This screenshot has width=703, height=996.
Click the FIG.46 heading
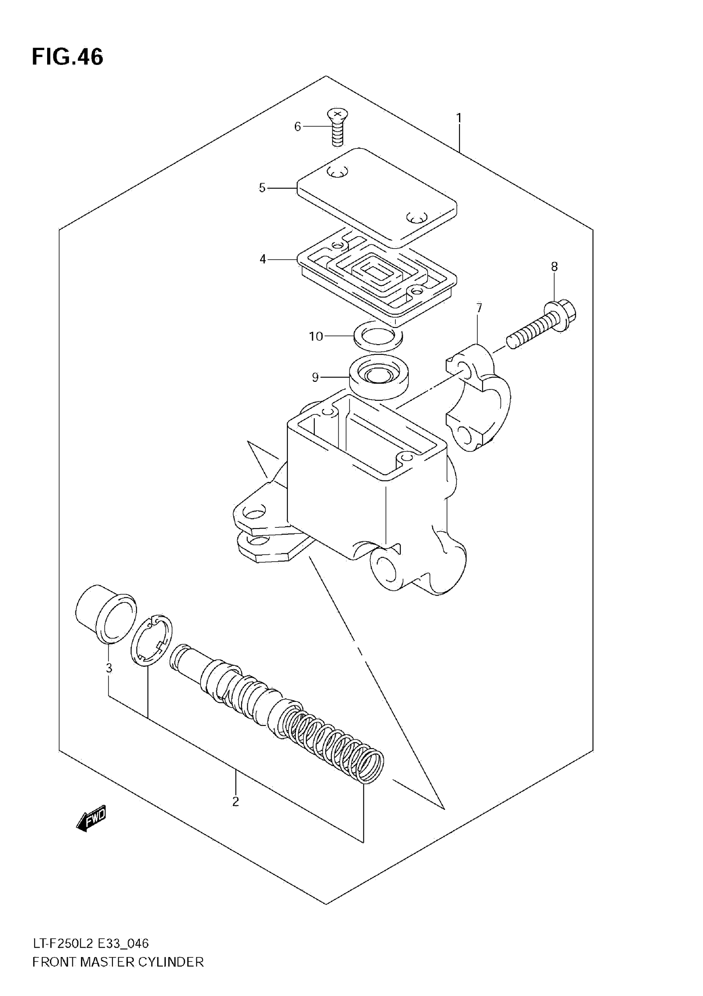68,57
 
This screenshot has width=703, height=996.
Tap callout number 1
459,118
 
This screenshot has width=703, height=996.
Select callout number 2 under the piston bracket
235,802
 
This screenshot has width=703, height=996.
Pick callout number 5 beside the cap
262,188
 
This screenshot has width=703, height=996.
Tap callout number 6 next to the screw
297,127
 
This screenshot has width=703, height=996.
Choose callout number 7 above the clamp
479,308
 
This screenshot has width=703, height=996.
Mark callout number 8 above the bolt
554,266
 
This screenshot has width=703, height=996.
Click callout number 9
315,377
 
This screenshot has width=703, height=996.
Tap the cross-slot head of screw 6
338,114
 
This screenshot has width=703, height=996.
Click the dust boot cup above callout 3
105,612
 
